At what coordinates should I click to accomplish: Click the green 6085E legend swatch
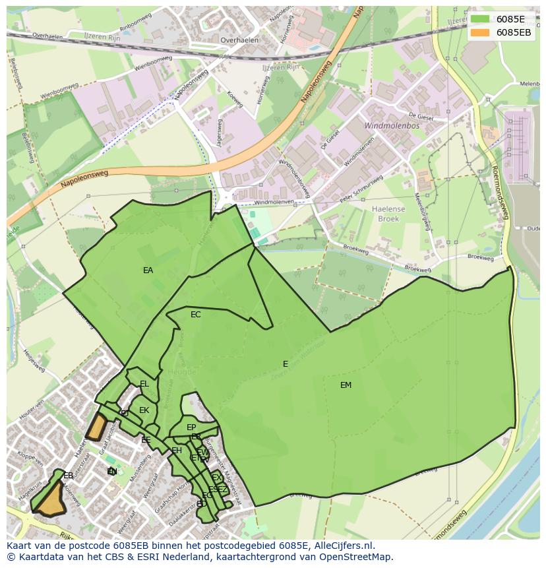(x=480, y=19)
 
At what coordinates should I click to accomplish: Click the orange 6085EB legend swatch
(x=480, y=32)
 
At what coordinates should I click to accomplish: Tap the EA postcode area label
(x=148, y=270)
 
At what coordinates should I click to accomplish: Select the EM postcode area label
(x=346, y=385)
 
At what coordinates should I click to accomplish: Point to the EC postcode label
(x=195, y=315)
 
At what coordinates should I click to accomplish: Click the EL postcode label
(x=144, y=384)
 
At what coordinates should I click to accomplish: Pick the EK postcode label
(x=144, y=410)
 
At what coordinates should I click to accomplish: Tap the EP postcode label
(x=191, y=427)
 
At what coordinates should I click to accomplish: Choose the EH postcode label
(x=177, y=451)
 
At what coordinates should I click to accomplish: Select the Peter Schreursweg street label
(x=361, y=189)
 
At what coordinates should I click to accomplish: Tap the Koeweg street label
(x=235, y=98)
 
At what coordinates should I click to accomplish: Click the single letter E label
(x=286, y=364)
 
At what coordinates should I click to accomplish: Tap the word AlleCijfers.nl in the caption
(x=342, y=546)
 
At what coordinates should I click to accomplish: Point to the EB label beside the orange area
(x=68, y=475)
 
